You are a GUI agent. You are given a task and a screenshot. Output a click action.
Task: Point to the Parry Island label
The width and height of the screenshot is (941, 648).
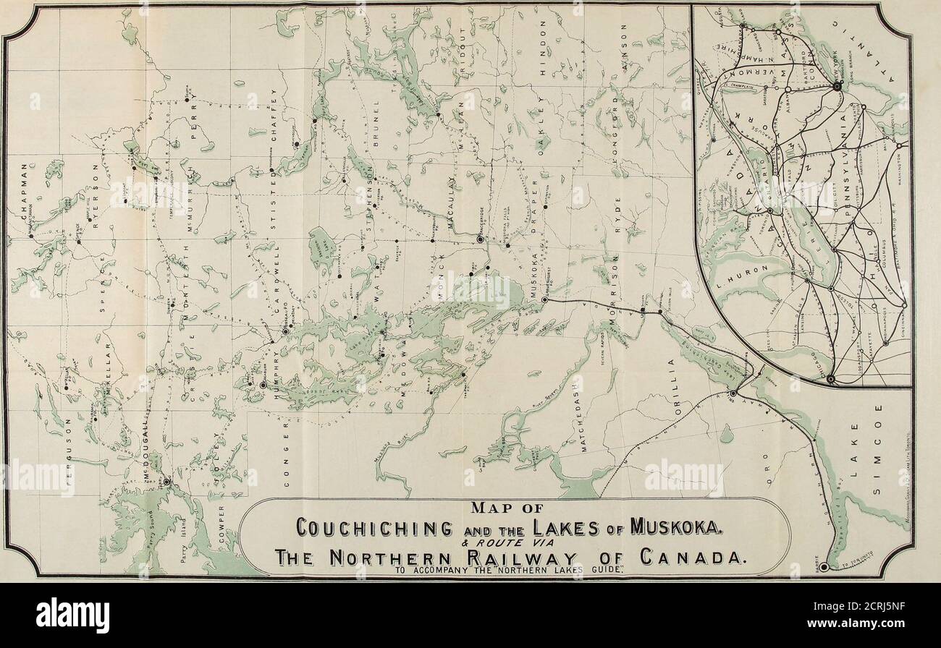coord(184,535)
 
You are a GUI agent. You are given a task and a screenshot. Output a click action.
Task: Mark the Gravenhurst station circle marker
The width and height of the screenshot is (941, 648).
coord(544,299)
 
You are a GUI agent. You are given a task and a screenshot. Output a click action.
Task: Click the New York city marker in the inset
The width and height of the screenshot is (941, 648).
coord(837,85)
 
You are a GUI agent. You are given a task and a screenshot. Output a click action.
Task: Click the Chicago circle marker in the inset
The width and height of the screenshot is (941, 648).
coord(831,378)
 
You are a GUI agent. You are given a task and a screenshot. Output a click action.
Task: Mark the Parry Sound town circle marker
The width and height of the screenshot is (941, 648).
coord(166,481)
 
